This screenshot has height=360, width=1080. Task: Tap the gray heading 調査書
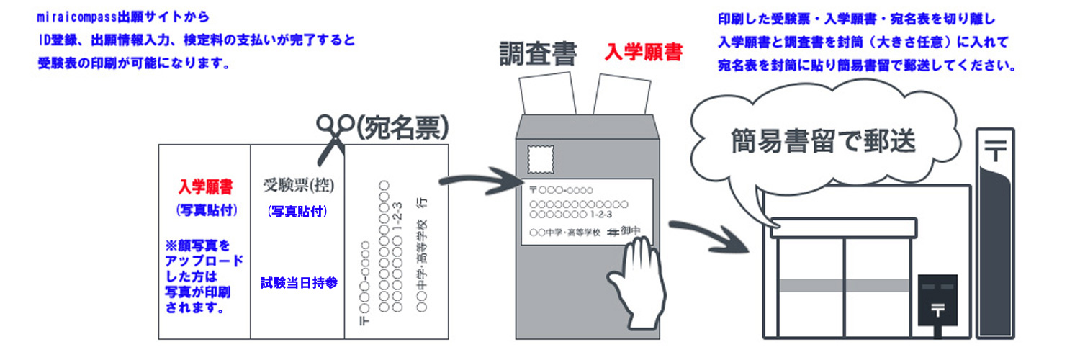pyautogui.click(x=531, y=53)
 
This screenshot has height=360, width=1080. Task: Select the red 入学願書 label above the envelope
pyautogui.click(x=643, y=52)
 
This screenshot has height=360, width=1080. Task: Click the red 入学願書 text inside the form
pyautogui.click(x=205, y=187)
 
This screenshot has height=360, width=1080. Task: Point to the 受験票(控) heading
pyautogui.click(x=299, y=185)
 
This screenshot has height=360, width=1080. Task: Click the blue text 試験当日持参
pyautogui.click(x=299, y=282)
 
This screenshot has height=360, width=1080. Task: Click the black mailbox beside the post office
pyautogui.click(x=937, y=302)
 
